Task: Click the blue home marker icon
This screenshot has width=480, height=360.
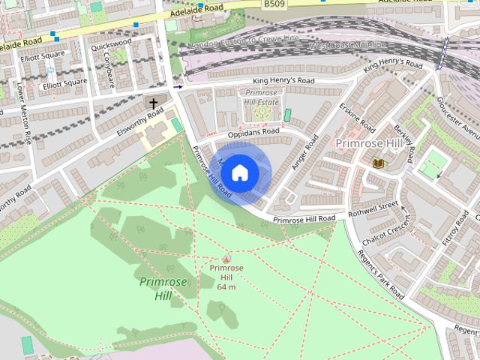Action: pos(239,172)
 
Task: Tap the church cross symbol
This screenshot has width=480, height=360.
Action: pos(154,103)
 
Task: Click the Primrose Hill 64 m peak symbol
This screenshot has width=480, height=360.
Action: pos(226,258)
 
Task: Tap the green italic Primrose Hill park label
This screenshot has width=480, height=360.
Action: pos(157,289)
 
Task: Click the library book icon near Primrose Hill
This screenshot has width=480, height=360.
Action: pos(377,163)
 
